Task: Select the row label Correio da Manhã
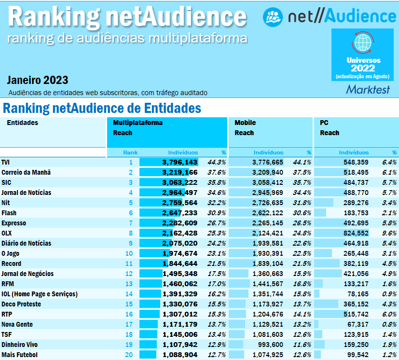pos(26,172)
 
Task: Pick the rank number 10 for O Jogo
pos(129,253)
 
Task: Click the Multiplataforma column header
pos(138,123)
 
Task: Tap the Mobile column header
pos(245,123)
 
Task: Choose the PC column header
pos(324,123)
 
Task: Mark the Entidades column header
pos(22,123)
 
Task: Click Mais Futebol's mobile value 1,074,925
pos(268,355)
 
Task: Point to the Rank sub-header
pos(130,152)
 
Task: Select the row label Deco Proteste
pos(21,304)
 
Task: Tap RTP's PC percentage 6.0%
pos(389,314)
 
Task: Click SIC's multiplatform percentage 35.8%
pos(217,182)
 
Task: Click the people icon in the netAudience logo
pos(272,16)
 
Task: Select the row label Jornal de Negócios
pos(28,274)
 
